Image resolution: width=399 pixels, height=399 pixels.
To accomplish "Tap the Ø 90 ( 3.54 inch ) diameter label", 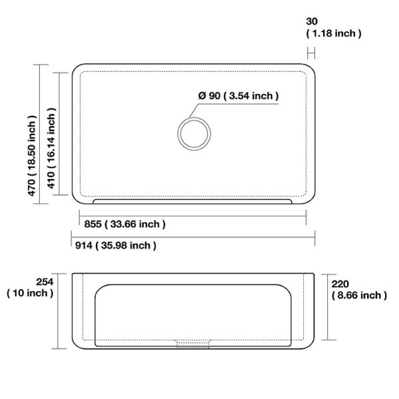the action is point(239,96).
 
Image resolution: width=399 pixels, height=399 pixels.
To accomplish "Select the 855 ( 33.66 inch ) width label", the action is point(125,224).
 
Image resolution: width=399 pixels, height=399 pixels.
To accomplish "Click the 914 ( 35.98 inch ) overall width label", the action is point(116,245).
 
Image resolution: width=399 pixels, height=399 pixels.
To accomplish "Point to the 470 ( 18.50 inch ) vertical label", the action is point(32,156).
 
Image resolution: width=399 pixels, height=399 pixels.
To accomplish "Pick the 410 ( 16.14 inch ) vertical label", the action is point(51,148).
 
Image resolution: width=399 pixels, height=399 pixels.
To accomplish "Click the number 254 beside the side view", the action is point(45,282).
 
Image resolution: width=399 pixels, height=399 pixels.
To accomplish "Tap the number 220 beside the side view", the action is point(340,284).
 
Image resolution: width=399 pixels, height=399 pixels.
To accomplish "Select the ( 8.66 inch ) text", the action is point(359,295).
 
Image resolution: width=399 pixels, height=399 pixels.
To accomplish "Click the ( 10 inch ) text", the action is point(30,293).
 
